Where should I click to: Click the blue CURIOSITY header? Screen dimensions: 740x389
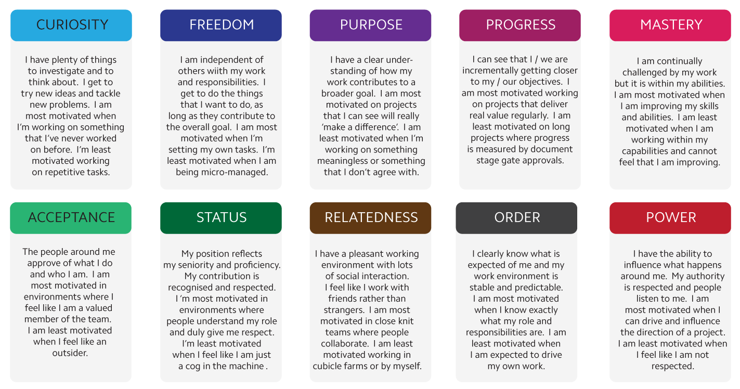tap(71, 25)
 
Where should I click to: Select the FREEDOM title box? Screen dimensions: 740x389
tap(221, 25)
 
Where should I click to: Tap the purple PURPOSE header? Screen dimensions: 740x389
tap(370, 25)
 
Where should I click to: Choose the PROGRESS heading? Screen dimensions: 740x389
tap(520, 25)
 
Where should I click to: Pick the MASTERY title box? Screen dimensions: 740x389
tap(670, 25)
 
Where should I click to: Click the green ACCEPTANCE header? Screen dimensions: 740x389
tap(71, 218)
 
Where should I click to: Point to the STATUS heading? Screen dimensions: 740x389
tap(221, 218)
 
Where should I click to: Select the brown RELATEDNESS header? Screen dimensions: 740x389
tap(370, 218)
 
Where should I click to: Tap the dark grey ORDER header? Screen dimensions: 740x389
tap(516, 218)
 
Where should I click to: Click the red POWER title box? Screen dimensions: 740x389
tap(670, 218)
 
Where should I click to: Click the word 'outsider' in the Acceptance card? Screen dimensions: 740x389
tap(69, 353)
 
